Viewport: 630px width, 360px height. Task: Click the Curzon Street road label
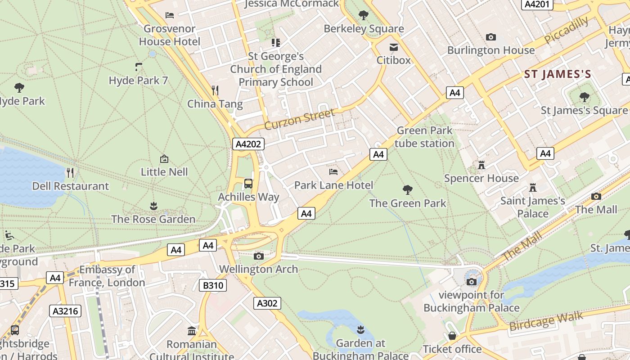[300, 118]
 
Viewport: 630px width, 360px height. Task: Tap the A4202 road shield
[248, 144]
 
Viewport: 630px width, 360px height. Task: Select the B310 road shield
[213, 285]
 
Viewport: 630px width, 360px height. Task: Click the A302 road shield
[267, 303]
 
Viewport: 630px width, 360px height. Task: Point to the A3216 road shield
[65, 311]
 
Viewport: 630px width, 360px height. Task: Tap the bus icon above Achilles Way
[248, 183]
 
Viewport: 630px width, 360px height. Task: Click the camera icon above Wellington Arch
[259, 256]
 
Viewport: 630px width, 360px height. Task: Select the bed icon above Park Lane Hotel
[333, 171]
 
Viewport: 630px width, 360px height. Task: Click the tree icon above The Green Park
[408, 189]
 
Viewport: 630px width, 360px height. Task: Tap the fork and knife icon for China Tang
[215, 90]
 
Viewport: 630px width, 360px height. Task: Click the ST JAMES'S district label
[558, 74]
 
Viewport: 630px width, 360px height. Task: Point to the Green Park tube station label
[425, 137]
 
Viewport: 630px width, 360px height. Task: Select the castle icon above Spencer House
[481, 165]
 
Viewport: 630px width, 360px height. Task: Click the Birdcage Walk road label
[546, 321]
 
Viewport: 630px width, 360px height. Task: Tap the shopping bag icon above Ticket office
[452, 336]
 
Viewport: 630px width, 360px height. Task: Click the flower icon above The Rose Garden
[153, 206]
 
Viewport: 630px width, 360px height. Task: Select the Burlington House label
[491, 50]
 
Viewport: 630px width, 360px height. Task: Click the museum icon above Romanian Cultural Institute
[192, 331]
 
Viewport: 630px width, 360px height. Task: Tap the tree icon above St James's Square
[584, 97]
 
